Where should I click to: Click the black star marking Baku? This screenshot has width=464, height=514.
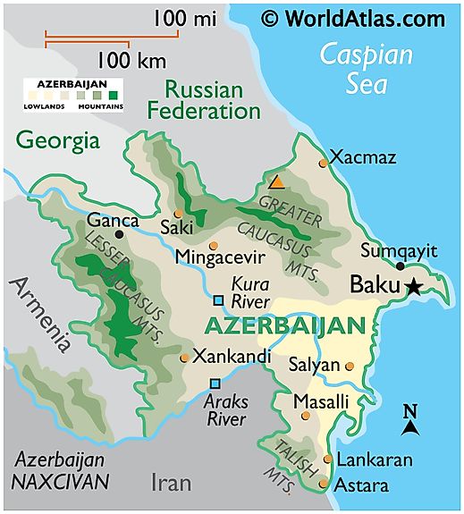pyautogui.click(x=413, y=286)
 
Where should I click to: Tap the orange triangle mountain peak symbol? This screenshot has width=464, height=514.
pyautogui.click(x=278, y=182)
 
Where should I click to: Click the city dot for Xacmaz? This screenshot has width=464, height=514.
pyautogui.click(x=324, y=163)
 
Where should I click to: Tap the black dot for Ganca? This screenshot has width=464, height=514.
pyautogui.click(x=119, y=235)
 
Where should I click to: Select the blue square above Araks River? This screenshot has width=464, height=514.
pyautogui.click(x=215, y=383)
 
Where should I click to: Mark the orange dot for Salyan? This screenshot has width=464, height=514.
pyautogui.click(x=350, y=366)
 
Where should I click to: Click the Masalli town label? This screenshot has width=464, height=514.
pyautogui.click(x=321, y=401)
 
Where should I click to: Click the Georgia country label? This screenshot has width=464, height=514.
pyautogui.click(x=57, y=139)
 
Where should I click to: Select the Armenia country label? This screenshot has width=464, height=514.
pyautogui.click(x=38, y=314)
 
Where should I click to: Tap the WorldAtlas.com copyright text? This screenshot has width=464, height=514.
pyautogui.click(x=352, y=18)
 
